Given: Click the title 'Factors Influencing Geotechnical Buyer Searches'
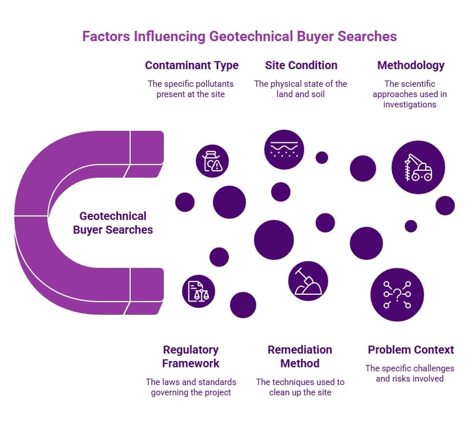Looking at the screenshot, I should point(239,37).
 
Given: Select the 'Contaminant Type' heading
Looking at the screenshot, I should point(192,65).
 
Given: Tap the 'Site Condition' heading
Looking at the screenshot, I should point(301,65).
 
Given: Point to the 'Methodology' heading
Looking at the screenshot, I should point(411,65).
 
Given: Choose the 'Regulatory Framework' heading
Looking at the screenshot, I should point(191,356).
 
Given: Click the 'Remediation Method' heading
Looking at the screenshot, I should point(300,356).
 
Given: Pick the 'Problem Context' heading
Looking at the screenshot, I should point(411,350).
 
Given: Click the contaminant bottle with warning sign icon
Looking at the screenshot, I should point(212,161).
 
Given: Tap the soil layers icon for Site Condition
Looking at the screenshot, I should point(284,150).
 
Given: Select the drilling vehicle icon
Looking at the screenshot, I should point(418,167).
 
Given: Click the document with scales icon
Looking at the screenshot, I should point(199,291).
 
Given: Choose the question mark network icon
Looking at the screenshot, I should point(397,295).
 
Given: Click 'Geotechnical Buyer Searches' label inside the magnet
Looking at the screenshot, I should point(113,223).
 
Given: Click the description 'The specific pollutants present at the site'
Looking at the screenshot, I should point(191,89).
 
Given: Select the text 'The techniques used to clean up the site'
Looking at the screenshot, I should point(300,387).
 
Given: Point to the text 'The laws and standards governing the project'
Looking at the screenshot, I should point(191,387).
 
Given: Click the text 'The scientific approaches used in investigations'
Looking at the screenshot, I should point(410,94).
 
